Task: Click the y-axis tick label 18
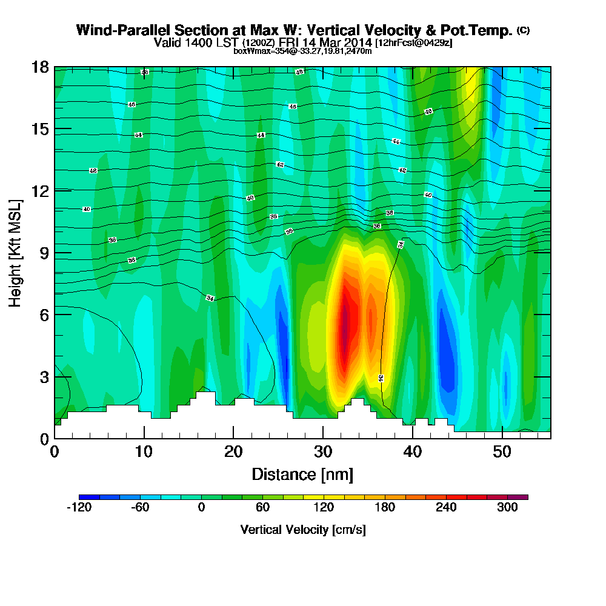point(39,67)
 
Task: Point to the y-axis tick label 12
point(39,191)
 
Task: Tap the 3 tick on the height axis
point(44,376)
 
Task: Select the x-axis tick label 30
point(323,452)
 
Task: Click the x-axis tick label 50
point(502,452)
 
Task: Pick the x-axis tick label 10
point(144,452)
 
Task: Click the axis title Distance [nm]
point(302,474)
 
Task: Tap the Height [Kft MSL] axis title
point(15,252)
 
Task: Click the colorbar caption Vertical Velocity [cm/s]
point(302,530)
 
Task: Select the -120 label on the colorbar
point(78,508)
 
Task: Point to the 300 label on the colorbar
point(508,508)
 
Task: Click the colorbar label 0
point(201,508)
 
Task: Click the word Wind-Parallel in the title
point(118,30)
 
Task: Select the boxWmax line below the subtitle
point(302,51)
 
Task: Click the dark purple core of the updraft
point(345,327)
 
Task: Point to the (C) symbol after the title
point(523,30)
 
